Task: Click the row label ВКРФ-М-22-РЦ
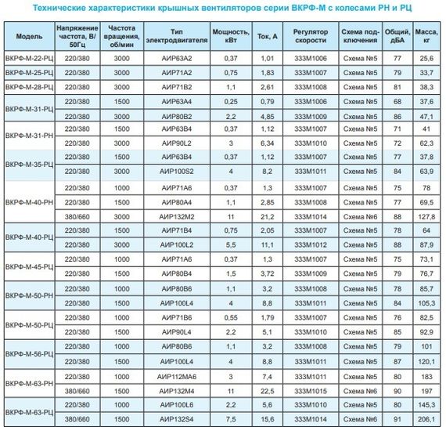28,58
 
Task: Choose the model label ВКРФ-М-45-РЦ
28,266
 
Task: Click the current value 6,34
266,143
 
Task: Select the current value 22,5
266,390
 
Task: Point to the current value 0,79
266,101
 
